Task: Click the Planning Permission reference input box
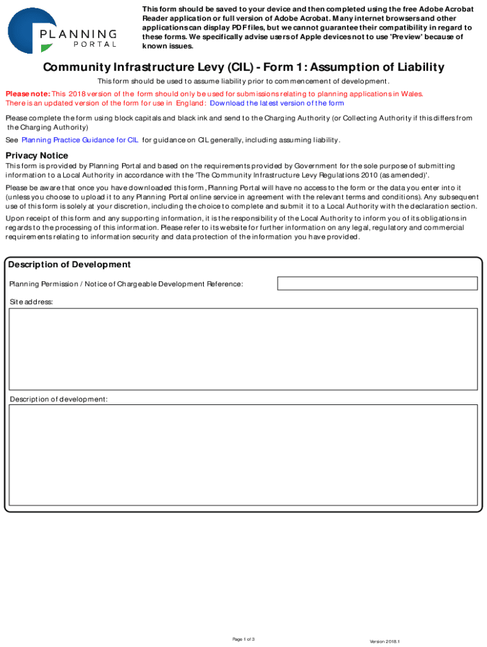pyautogui.click(x=377, y=283)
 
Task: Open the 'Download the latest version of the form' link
pyautogui.click(x=276, y=103)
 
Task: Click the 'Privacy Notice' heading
pyautogui.click(x=37, y=155)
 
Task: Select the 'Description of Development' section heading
pyautogui.click(x=69, y=265)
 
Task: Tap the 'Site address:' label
pyautogui.click(x=31, y=302)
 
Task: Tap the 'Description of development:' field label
pyautogui.click(x=58, y=399)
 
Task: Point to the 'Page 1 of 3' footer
pyautogui.click(x=244, y=639)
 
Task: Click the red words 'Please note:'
pyautogui.click(x=28, y=94)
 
